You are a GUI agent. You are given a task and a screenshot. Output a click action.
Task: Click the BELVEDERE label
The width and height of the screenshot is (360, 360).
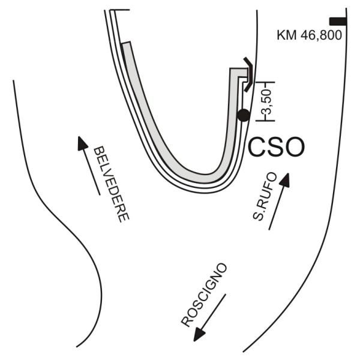[112, 184]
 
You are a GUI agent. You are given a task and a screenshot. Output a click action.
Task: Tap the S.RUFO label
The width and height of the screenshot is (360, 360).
[265, 197]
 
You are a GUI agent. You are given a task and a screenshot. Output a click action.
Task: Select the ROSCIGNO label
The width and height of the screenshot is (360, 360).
[204, 295]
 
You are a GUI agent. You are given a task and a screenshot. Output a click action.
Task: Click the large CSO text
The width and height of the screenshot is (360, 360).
[276, 147]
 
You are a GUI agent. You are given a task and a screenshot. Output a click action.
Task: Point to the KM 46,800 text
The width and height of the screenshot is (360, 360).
[309, 35]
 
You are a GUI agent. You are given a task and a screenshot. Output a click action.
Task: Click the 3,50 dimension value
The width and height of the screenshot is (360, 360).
[267, 102]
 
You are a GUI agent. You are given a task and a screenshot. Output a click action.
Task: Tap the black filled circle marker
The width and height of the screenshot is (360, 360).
[244, 115]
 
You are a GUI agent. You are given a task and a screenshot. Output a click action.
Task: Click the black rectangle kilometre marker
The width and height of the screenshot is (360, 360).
[338, 22]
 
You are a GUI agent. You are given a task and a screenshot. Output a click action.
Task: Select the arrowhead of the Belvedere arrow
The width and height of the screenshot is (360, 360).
[82, 143]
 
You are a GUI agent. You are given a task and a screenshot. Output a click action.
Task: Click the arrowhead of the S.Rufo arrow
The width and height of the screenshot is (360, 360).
[284, 180]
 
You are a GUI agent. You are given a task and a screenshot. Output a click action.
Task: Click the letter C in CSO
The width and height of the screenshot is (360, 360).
[257, 147]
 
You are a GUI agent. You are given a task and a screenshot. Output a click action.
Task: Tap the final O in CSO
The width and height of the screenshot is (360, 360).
[295, 147]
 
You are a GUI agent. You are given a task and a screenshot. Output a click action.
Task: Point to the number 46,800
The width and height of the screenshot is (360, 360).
[321, 35]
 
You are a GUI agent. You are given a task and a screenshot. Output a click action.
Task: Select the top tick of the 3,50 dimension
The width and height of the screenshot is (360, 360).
[265, 82]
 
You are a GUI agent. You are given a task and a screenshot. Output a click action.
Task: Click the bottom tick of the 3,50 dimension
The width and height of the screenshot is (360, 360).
[265, 121]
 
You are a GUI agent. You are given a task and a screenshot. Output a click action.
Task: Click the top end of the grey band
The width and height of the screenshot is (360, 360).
[126, 43]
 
